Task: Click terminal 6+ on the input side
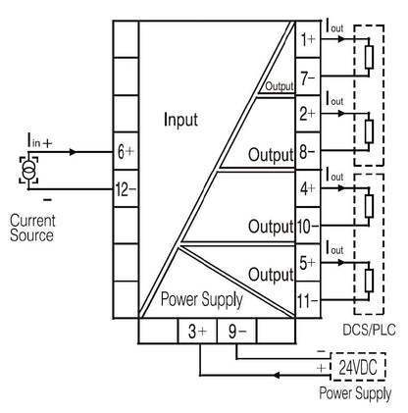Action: coord(125,153)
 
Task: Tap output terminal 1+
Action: coord(308,40)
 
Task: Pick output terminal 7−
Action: coord(308,77)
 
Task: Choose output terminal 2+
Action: coord(308,115)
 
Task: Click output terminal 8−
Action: coord(308,152)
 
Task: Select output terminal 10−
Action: coord(308,227)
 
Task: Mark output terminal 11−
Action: coord(308,301)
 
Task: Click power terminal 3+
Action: coord(195,332)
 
